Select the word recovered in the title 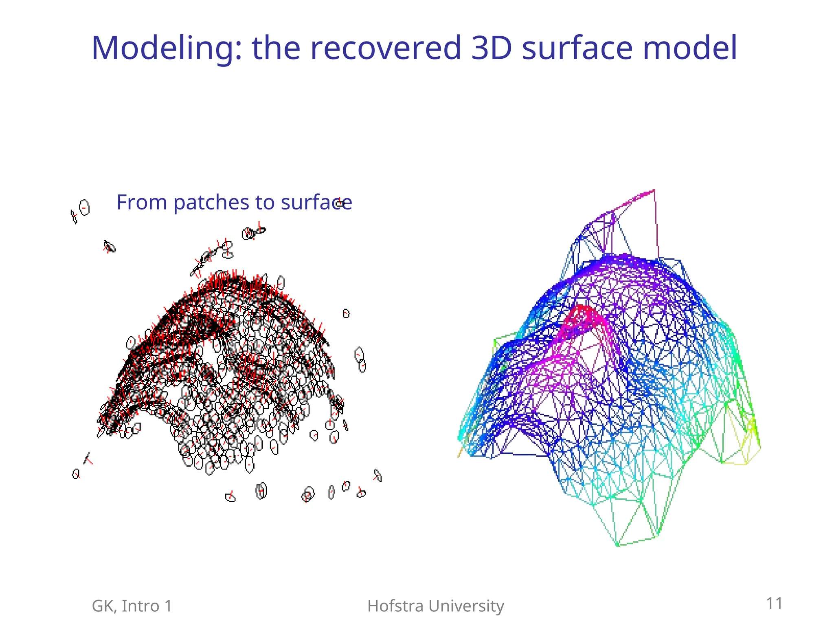(385, 48)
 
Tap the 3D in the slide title (491, 48)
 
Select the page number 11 (774, 603)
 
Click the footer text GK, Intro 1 (132, 606)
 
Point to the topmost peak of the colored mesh (653, 190)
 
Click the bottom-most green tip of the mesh (617, 544)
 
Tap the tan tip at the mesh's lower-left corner (459, 455)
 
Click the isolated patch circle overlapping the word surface (340, 203)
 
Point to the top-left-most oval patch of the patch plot (84, 207)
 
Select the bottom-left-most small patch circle (76, 474)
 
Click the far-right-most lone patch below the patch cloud (377, 475)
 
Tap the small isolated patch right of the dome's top (346, 313)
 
